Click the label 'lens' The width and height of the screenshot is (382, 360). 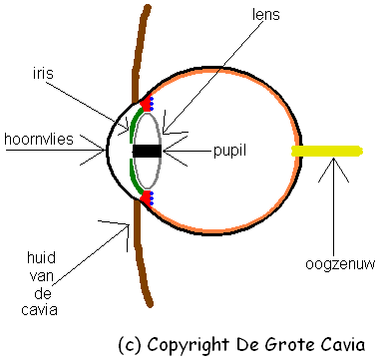click(x=265, y=15)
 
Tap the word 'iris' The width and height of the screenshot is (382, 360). click(x=43, y=73)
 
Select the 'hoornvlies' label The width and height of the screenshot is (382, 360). click(x=39, y=139)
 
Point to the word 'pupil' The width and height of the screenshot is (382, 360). click(x=229, y=151)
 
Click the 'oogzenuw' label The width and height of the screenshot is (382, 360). click(x=340, y=264)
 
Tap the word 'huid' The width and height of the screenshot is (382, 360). click(x=41, y=257)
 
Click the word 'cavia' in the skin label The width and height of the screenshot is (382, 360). click(x=39, y=310)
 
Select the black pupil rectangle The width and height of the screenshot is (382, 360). click(x=147, y=151)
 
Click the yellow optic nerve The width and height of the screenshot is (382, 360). click(x=327, y=151)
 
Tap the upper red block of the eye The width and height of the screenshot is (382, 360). click(x=145, y=104)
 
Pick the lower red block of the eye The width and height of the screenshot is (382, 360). click(x=145, y=197)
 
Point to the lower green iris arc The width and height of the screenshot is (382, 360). click(x=134, y=176)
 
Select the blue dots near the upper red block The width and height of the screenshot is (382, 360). click(x=152, y=104)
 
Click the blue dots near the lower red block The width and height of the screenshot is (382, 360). click(x=152, y=198)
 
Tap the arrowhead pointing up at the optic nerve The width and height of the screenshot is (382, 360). click(x=333, y=170)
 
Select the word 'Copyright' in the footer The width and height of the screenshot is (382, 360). click(x=189, y=344)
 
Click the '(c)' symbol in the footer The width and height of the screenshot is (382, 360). click(x=130, y=345)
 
